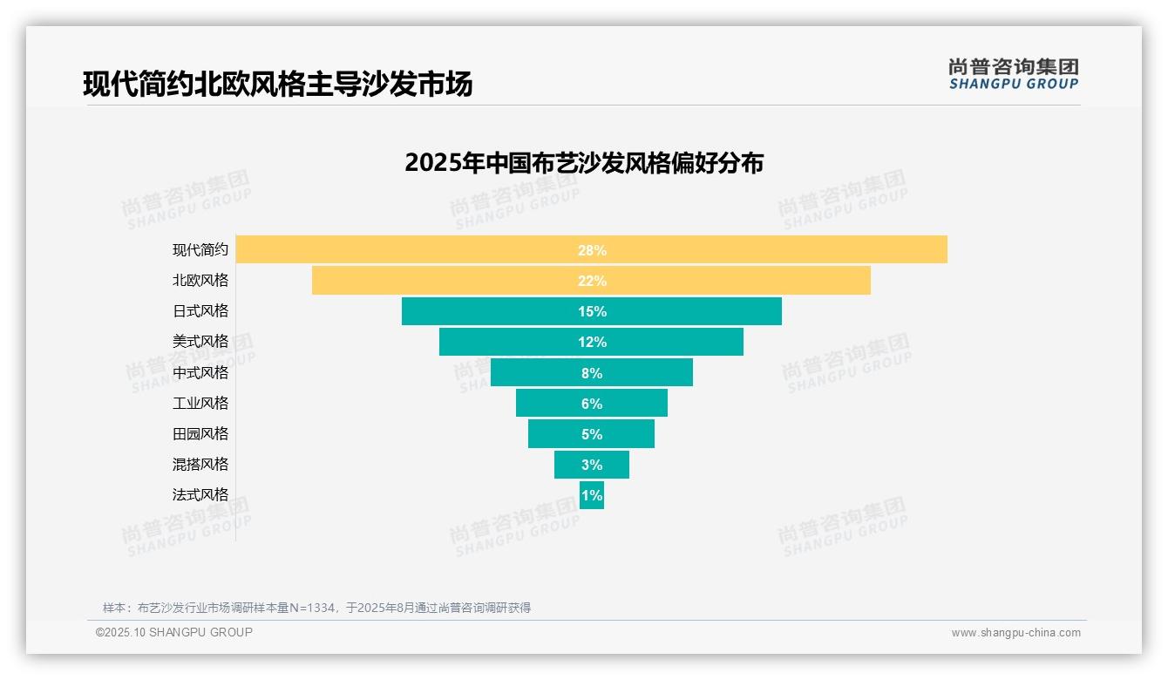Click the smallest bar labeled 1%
[x=592, y=495]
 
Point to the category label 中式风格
[x=200, y=372]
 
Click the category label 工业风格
[x=200, y=403]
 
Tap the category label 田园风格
[x=200, y=433]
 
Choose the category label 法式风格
[x=200, y=494]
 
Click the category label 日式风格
[x=200, y=311]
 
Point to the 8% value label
[x=592, y=373]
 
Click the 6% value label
[x=592, y=404]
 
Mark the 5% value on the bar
[x=592, y=434]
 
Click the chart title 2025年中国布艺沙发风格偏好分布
[x=584, y=163]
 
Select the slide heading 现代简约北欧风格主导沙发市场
[x=278, y=85]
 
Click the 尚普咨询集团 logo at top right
[x=1013, y=74]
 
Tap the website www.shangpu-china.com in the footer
[x=1015, y=633]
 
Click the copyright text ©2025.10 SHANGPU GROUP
[x=174, y=632]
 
